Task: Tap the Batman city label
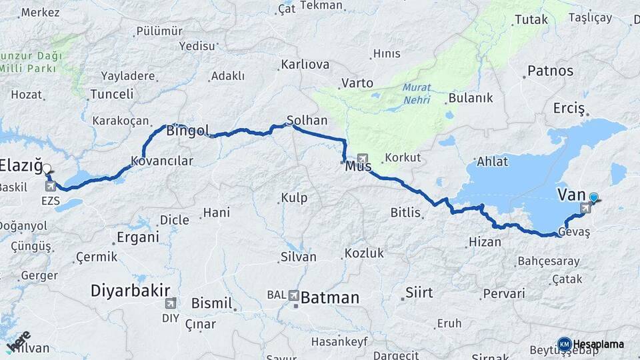pos(330,297)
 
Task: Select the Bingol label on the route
pos(187,130)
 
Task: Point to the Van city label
pos(571,195)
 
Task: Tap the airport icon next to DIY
pos(171,302)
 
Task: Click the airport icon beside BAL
pos(294,294)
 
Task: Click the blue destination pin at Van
pos(593,198)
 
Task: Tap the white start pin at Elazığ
pos(47,170)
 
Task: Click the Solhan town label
pos(307,121)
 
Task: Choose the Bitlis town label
pos(405,213)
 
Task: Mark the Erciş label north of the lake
pos(569,108)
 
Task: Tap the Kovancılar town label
pos(162,161)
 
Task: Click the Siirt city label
pos(419,292)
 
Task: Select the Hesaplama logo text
pos(599,344)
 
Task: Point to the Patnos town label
pos(550,70)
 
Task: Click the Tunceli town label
pos(112,94)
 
